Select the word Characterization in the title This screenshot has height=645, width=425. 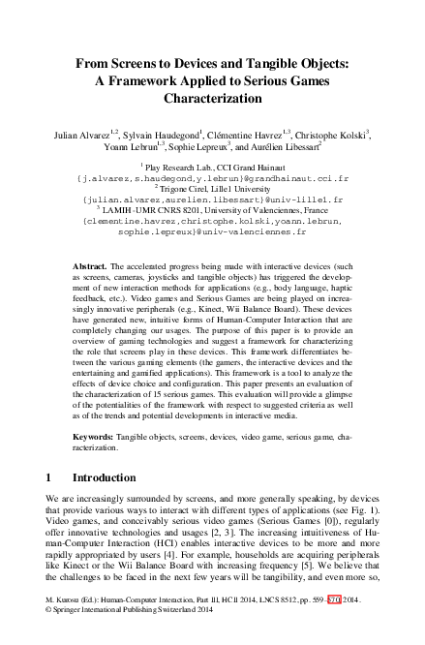point(213,99)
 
